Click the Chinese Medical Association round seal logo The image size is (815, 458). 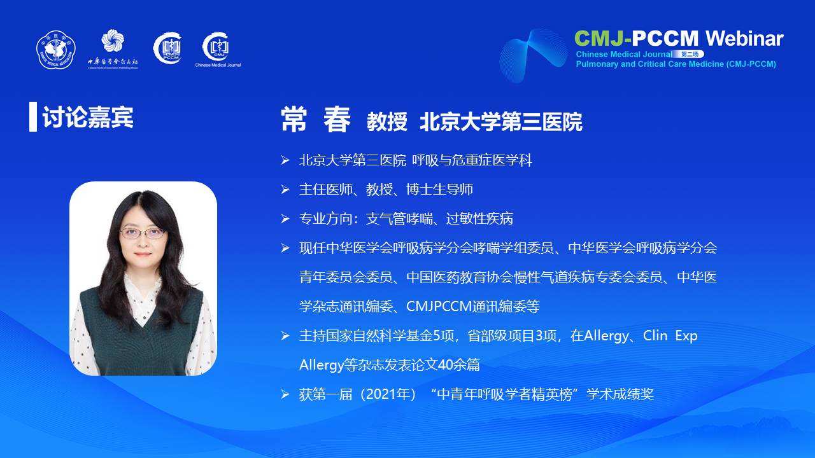pyautogui.click(x=55, y=50)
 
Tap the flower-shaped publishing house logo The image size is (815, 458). pyautogui.click(x=113, y=40)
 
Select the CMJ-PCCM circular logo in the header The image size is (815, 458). pyautogui.click(x=167, y=48)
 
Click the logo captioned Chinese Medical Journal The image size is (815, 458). pyautogui.click(x=217, y=46)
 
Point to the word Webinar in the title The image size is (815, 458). pyautogui.click(x=744, y=39)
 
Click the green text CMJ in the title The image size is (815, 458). pyautogui.click(x=599, y=39)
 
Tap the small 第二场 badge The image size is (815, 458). pyautogui.click(x=690, y=54)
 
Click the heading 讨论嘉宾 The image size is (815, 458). pyautogui.click(x=88, y=117)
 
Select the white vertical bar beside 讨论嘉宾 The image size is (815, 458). pyautogui.click(x=33, y=116)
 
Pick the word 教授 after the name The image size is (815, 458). pyautogui.click(x=386, y=121)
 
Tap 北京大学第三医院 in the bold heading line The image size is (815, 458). pyautogui.click(x=501, y=121)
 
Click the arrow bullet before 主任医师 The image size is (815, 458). pyautogui.click(x=285, y=190)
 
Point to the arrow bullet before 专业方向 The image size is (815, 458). pyautogui.click(x=285, y=219)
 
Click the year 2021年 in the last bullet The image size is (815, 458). pyautogui.click(x=388, y=394)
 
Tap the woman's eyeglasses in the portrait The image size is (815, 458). pyautogui.click(x=143, y=233)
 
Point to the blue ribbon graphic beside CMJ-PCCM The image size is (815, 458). pyautogui.click(x=533, y=55)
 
